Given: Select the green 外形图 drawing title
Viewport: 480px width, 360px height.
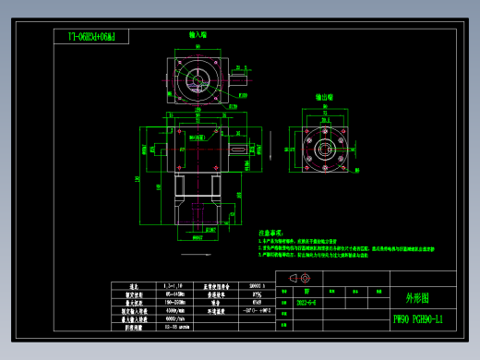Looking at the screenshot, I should (x=417, y=298).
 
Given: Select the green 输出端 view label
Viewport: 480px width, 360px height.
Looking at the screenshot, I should (x=324, y=95).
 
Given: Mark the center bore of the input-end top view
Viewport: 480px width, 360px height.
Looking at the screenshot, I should (x=198, y=75).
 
